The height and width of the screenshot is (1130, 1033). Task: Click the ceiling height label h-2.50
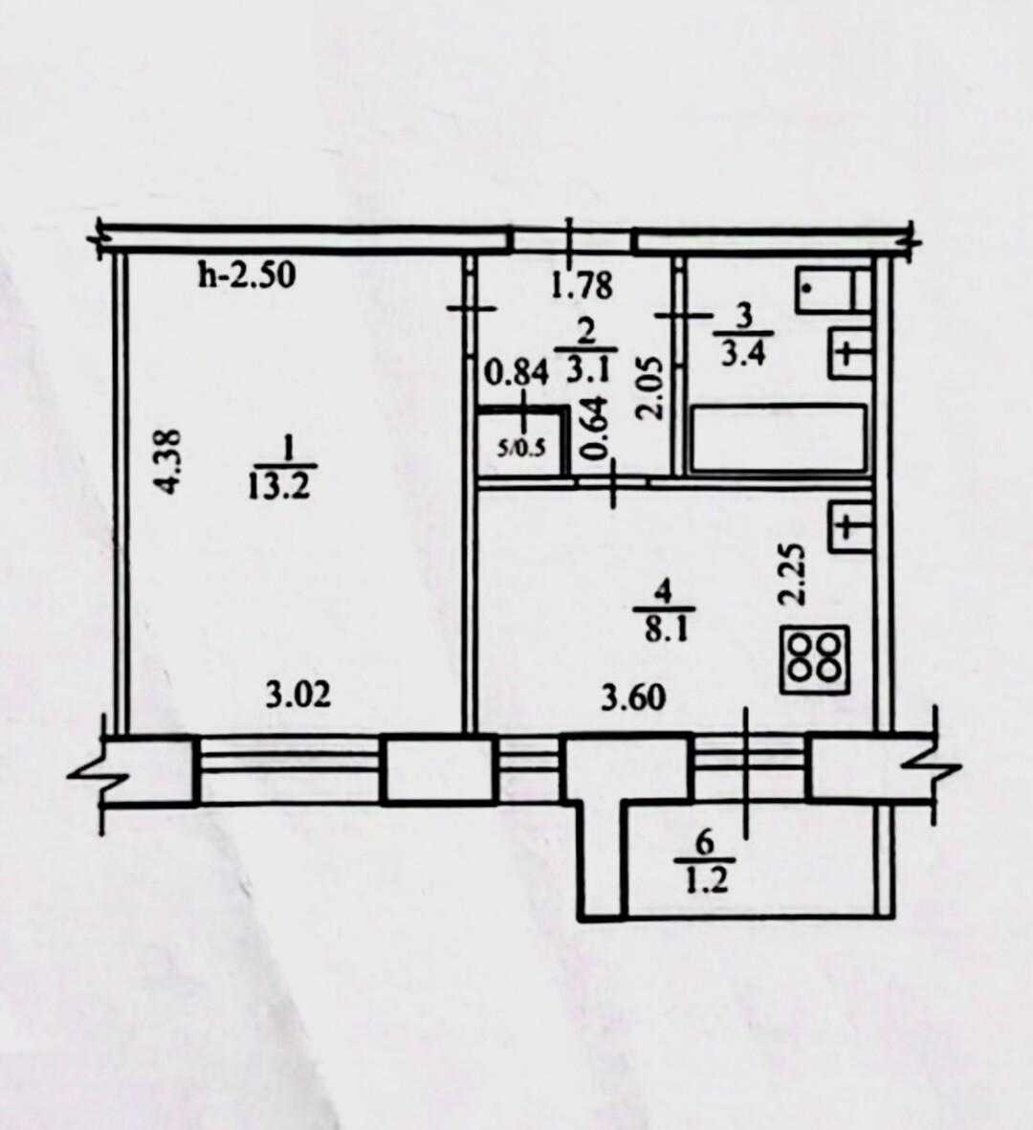(x=247, y=276)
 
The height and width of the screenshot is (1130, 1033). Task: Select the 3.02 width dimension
(x=298, y=697)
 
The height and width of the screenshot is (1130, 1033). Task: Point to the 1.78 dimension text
(x=582, y=285)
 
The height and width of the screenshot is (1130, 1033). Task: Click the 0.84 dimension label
(x=516, y=373)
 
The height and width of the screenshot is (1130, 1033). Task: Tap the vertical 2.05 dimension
(x=648, y=389)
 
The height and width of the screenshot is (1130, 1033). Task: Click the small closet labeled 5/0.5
(x=521, y=441)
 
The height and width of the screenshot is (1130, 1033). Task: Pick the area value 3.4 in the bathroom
(x=742, y=354)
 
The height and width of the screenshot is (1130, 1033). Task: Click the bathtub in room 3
(x=778, y=439)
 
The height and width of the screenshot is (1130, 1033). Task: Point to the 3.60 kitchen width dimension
(x=633, y=698)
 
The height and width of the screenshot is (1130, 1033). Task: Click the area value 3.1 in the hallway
(x=588, y=371)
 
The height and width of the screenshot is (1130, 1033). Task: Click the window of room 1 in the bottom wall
(x=291, y=768)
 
